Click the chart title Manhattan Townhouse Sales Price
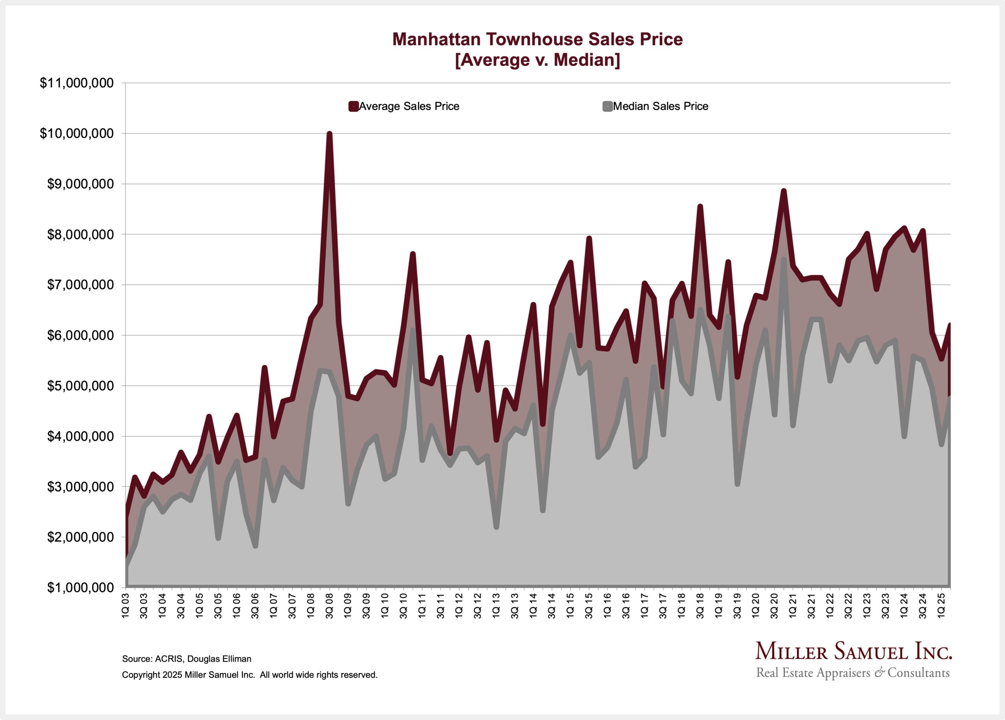pyautogui.click(x=537, y=39)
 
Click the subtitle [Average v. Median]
pyautogui.click(x=537, y=60)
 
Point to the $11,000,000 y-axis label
pyautogui.click(x=77, y=83)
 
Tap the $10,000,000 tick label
pyautogui.click(x=77, y=134)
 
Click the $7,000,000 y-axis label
pyautogui.click(x=80, y=285)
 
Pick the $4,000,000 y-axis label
pyautogui.click(x=80, y=437)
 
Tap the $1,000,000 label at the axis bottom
pyautogui.click(x=80, y=588)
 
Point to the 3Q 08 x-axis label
pyautogui.click(x=330, y=606)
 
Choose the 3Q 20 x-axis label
pyautogui.click(x=774, y=606)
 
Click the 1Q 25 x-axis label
pyautogui.click(x=941, y=606)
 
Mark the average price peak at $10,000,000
pyautogui.click(x=329, y=133)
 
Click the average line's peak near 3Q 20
pyautogui.click(x=784, y=191)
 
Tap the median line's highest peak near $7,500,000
pyautogui.click(x=784, y=259)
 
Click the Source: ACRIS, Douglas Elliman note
pyautogui.click(x=186, y=659)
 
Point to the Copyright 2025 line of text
pyautogui.click(x=249, y=675)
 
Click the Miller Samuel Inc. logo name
pyautogui.click(x=853, y=651)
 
